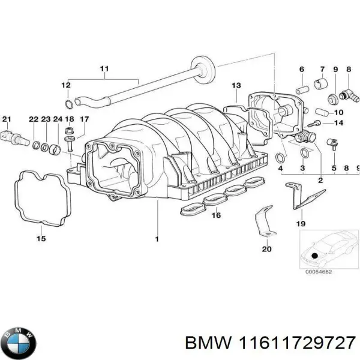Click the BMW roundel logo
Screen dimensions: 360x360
pos(20,343)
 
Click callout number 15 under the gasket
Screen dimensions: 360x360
pos(40,239)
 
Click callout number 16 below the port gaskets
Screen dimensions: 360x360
pos(215,215)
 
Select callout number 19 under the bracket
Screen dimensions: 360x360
pos(301,223)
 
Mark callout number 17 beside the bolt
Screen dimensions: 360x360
pos(84,119)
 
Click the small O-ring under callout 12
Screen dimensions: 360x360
pos(70,103)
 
